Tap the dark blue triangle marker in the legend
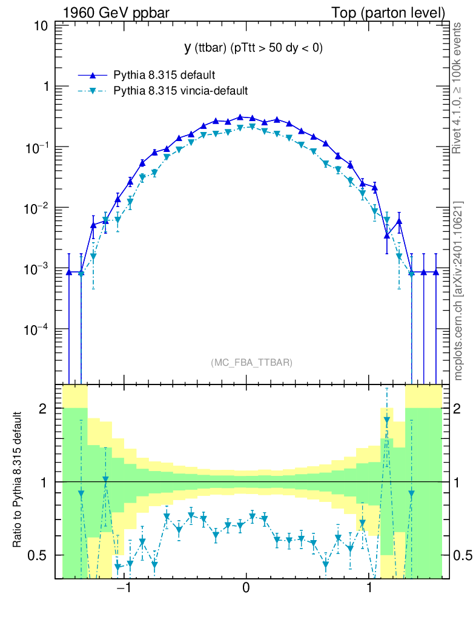tap(93, 75)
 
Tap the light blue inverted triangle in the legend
tap(93, 91)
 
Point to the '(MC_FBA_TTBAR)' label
tap(251, 363)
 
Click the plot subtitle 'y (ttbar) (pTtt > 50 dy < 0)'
tap(245, 48)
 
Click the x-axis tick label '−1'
tap(124, 588)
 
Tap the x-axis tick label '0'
tap(246, 588)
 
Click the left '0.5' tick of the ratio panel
tap(40, 555)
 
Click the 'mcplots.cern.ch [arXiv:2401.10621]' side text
tap(458, 291)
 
